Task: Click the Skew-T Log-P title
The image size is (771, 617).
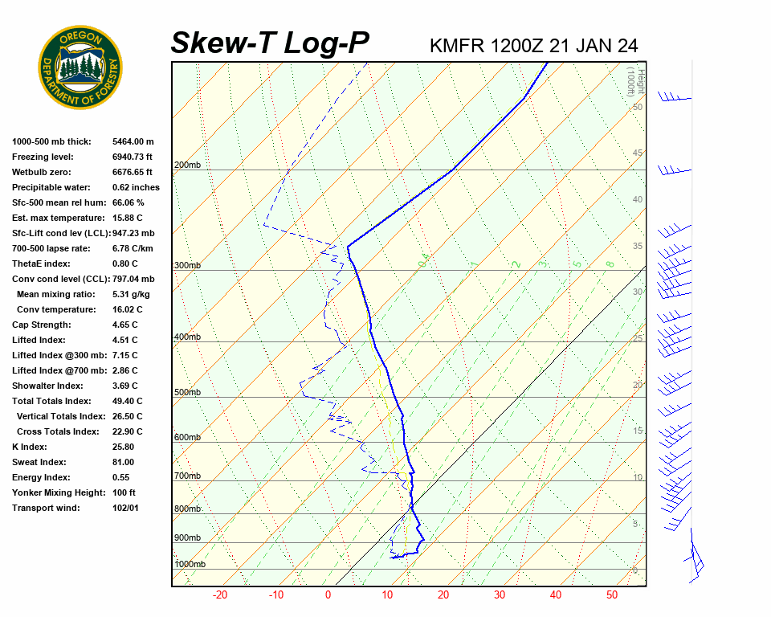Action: (x=270, y=43)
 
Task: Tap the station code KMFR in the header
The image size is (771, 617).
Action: (x=457, y=46)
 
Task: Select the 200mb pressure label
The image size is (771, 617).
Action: (x=186, y=165)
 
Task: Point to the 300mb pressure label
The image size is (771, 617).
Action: (x=186, y=265)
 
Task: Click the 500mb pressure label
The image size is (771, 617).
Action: (x=186, y=392)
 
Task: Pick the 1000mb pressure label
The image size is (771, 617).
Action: (x=190, y=564)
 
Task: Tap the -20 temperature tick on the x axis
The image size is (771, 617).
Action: (x=220, y=595)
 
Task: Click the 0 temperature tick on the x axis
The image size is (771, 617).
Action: (x=328, y=595)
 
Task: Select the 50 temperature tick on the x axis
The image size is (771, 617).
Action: (x=612, y=595)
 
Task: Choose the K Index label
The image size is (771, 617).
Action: (x=31, y=447)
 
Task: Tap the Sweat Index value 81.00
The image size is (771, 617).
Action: (x=123, y=462)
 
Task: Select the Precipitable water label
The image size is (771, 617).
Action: (x=47, y=187)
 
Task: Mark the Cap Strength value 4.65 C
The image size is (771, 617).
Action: (x=124, y=325)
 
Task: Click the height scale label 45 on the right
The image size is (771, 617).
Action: (x=638, y=153)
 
